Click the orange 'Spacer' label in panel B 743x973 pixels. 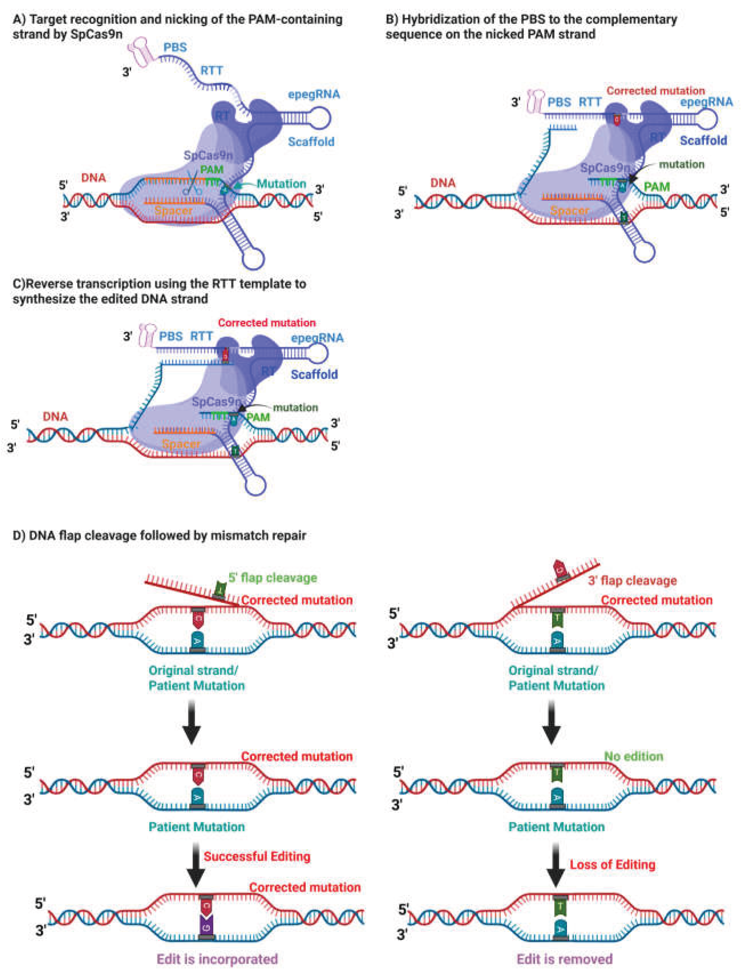[569, 211]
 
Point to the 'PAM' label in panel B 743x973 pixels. [657, 187]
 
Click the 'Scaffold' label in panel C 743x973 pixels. [314, 374]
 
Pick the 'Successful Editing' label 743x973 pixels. [257, 856]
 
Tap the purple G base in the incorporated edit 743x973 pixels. [206, 925]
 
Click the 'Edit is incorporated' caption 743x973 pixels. [217, 959]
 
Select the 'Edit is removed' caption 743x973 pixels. [564, 959]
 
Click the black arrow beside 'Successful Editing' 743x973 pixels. [195, 865]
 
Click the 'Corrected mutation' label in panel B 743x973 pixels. [655, 91]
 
